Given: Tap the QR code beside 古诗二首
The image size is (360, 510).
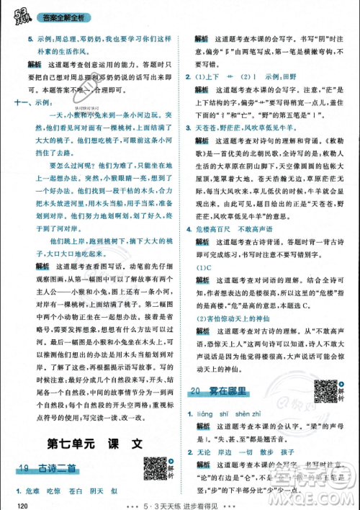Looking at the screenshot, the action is tap(155, 467).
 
